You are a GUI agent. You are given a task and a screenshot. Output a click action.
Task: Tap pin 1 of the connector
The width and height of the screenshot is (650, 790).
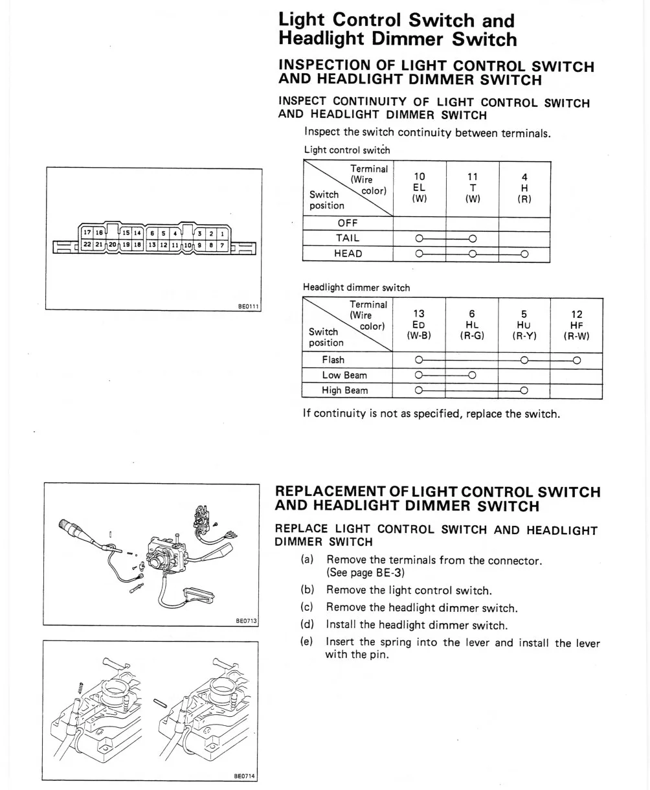(222, 233)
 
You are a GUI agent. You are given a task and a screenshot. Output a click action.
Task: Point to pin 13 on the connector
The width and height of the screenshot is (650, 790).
(152, 245)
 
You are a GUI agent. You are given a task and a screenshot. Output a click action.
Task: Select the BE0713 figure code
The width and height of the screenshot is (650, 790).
(247, 620)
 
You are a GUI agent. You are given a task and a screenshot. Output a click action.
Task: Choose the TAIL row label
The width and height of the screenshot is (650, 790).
(348, 238)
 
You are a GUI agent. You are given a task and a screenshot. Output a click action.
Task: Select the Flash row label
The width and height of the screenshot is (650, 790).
(333, 360)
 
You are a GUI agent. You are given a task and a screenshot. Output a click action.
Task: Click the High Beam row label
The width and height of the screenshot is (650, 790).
(345, 390)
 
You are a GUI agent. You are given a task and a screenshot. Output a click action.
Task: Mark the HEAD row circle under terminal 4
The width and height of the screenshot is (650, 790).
(524, 254)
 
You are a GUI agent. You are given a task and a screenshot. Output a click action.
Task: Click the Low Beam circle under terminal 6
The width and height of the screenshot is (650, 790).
(472, 375)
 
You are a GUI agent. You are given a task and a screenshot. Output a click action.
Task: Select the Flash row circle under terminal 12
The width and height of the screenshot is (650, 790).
(576, 360)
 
